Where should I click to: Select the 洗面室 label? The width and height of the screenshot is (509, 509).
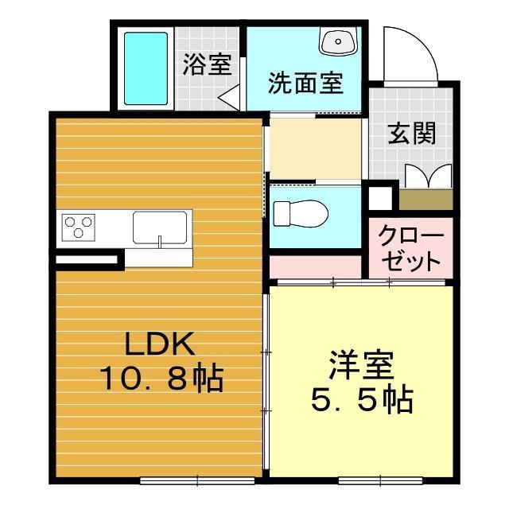305,83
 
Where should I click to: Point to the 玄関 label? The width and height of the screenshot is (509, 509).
411,134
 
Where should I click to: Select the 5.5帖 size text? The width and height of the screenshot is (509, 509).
361,402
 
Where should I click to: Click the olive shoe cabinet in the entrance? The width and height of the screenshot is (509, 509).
425,199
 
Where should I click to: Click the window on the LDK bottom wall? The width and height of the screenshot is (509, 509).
197,480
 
